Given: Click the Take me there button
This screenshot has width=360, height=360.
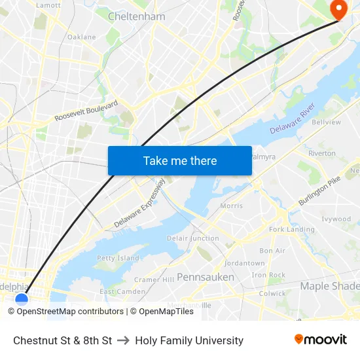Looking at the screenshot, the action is [180, 161].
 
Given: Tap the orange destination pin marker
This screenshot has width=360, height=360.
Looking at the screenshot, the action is [339, 9].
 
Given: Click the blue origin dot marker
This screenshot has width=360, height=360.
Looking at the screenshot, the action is [22, 299].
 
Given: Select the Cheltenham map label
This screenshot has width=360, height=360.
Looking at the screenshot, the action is [136, 16].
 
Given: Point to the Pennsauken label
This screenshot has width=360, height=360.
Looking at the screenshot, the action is [206, 277].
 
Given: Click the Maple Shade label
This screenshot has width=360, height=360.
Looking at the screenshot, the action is [330, 286].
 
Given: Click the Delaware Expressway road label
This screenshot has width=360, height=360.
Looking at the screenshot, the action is [139, 204].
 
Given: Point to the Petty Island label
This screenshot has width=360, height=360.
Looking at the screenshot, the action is [118, 258].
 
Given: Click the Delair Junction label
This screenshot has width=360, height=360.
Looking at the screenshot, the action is [193, 238].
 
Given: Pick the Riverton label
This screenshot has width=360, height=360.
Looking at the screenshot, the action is [322, 153].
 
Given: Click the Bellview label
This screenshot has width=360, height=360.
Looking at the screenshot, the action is [327, 122].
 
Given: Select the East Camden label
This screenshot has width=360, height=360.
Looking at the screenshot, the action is [122, 291].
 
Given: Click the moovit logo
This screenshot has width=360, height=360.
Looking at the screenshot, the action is [321, 340].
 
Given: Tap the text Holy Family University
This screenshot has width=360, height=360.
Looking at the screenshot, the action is [189, 340].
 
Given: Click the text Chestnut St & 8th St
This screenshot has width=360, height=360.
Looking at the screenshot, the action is [63, 340].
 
